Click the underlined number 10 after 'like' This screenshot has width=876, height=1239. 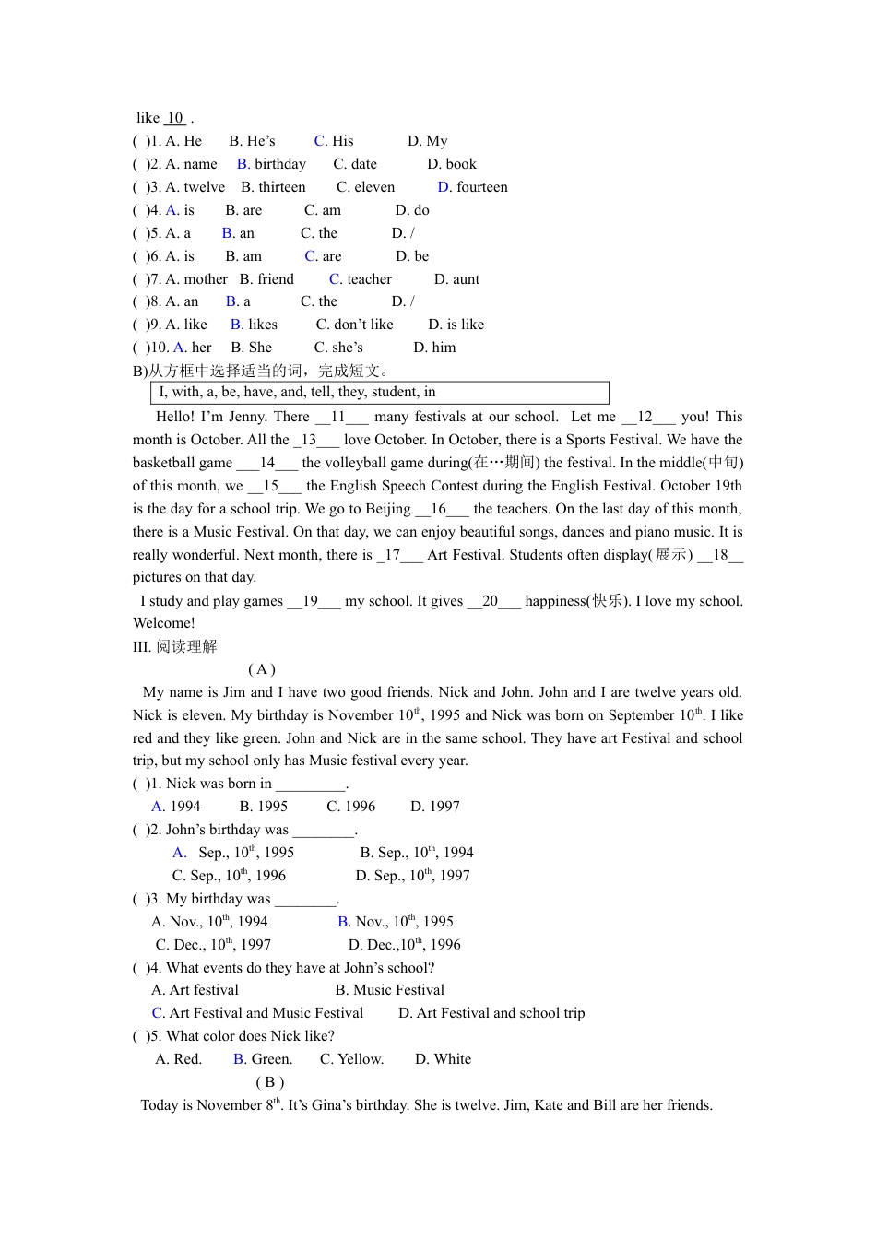click(174, 118)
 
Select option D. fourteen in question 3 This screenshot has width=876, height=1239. click(472, 187)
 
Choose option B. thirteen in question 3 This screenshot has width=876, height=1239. click(273, 187)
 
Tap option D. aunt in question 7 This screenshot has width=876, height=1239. click(456, 279)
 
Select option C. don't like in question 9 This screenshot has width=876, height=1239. click(354, 324)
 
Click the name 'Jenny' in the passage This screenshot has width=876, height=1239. click(246, 417)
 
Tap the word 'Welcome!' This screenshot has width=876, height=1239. click(164, 623)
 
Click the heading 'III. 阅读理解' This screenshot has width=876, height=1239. click(174, 646)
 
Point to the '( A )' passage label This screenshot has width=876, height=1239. click(262, 669)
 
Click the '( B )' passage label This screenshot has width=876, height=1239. click(269, 1082)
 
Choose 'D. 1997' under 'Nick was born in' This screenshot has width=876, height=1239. click(434, 807)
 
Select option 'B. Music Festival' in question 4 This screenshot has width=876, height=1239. click(389, 990)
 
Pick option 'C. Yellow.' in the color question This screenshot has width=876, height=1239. click(351, 1059)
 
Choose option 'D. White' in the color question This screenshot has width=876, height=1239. click(443, 1059)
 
